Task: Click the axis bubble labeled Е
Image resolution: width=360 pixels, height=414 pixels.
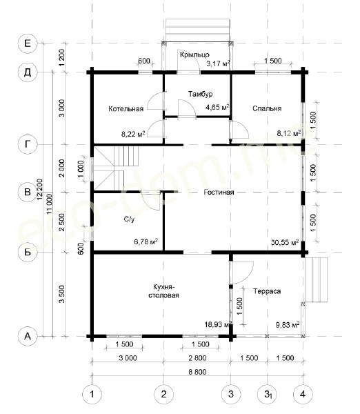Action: [x=28, y=43]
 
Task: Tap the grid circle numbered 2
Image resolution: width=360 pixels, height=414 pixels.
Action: [x=164, y=395]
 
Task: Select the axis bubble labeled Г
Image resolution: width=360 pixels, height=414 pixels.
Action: [x=28, y=144]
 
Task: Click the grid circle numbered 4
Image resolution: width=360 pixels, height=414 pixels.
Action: [x=303, y=395]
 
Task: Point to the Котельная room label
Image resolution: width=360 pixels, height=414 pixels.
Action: [x=126, y=109]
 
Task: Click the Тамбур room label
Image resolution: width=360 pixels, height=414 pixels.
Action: [x=200, y=94]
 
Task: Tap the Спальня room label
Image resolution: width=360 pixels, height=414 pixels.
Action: [x=267, y=108]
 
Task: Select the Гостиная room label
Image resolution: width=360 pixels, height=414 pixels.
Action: [x=219, y=193]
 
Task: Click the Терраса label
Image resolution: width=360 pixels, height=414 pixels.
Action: [x=267, y=291]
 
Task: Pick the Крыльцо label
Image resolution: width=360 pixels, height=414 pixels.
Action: [x=194, y=55]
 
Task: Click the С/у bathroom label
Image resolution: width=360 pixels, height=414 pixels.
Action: [x=129, y=219]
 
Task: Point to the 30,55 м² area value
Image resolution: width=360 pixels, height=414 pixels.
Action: [x=285, y=242]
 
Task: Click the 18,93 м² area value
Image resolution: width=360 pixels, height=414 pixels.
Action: [x=218, y=324]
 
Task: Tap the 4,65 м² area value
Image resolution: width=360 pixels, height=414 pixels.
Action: [x=217, y=108]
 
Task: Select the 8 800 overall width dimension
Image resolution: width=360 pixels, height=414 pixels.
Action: [x=197, y=372]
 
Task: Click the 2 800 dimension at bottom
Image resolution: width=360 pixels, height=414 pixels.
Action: [x=197, y=358]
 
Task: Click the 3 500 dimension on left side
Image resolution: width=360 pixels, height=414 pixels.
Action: [x=61, y=294]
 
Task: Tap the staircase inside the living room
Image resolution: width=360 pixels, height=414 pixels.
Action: [x=116, y=168]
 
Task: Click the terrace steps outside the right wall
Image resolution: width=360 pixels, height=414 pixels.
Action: [x=316, y=279]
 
